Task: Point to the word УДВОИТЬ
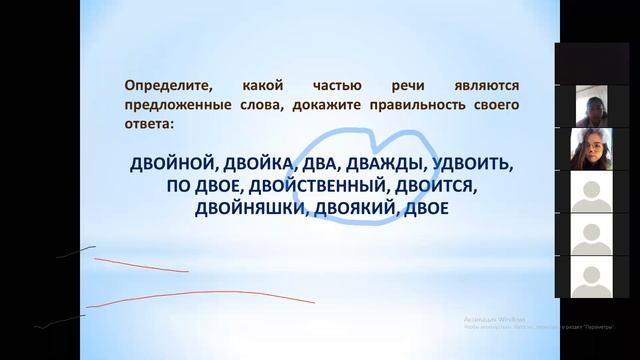(x=475, y=164)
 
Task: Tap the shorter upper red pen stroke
(x=140, y=265)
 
